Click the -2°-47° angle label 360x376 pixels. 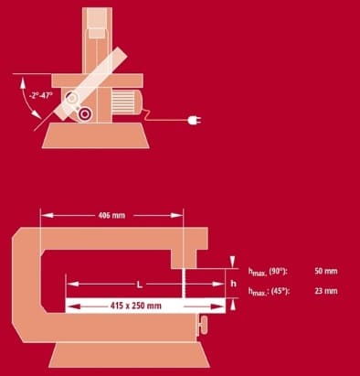[39, 92]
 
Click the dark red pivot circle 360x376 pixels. [85, 114]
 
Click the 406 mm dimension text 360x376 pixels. [111, 216]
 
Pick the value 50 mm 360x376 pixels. [324, 272]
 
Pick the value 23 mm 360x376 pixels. [324, 291]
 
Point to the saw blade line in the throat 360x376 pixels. [185, 284]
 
